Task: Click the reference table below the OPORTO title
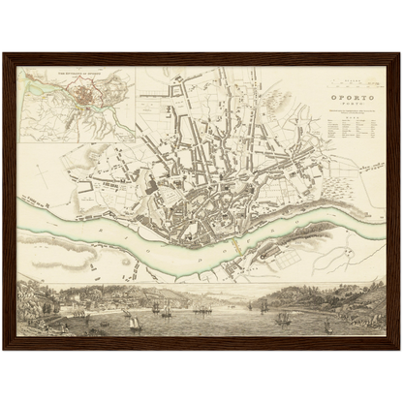(348, 135)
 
